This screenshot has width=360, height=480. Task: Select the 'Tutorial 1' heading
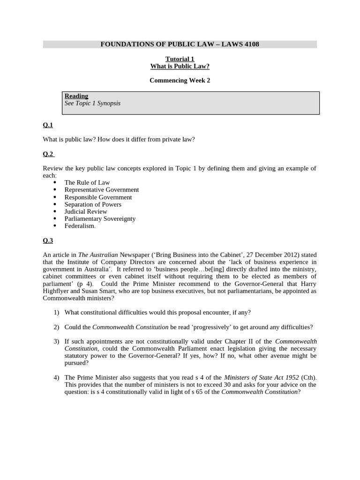pos(180,59)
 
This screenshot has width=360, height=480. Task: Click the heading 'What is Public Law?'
pos(180,67)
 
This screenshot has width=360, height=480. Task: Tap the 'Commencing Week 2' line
pos(180,81)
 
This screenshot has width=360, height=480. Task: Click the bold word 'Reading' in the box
pos(76,96)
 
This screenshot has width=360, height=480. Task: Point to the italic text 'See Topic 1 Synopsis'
pos(92,103)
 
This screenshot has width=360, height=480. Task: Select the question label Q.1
pos(48,125)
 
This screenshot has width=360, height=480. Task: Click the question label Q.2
pos(48,154)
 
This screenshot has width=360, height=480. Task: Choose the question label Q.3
pos(48,240)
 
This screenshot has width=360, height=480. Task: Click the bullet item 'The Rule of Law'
pos(87,183)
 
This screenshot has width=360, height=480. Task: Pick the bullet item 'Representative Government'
pos(102,190)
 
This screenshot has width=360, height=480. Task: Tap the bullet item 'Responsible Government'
pos(98,197)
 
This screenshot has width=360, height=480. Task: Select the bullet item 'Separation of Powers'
pos(93,204)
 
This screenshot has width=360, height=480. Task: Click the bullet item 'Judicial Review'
pos(86,211)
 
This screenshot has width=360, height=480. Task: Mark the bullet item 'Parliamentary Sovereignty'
pos(100,218)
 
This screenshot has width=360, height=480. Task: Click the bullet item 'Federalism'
pos(80,226)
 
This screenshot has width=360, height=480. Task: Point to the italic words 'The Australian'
pos(98,255)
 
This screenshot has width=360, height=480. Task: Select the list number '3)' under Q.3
pos(56,342)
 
